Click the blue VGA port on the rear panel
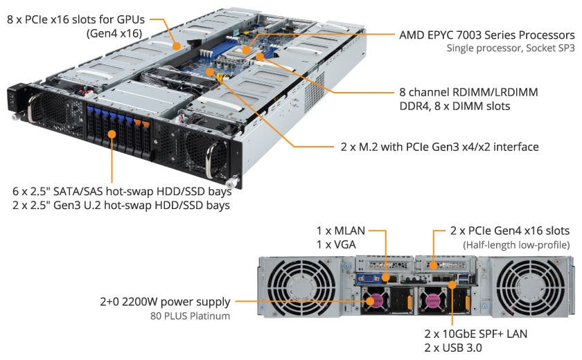367,278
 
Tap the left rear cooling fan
301,287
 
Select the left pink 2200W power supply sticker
376,300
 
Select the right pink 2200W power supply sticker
433,300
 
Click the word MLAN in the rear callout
350,231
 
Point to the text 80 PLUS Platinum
190,316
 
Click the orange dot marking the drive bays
112,134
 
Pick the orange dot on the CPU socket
246,50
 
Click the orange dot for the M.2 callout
211,71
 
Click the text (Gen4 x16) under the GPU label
114,34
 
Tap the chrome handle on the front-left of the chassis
33,108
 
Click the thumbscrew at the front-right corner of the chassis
232,182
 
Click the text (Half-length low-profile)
516,245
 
